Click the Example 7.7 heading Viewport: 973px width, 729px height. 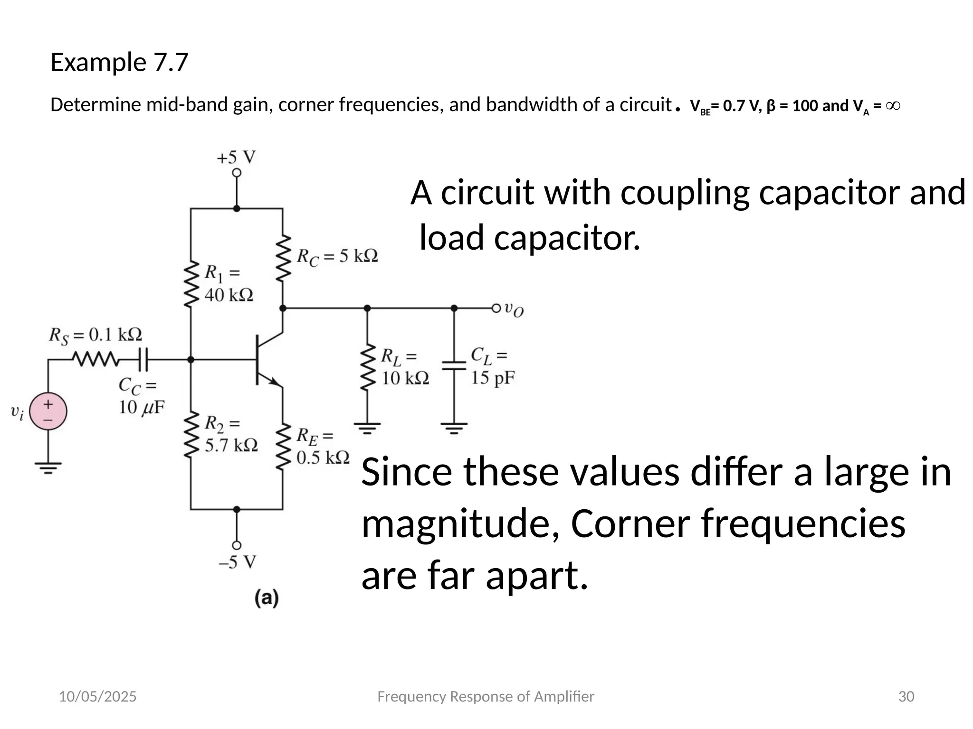(x=119, y=62)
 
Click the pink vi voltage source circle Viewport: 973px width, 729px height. (x=48, y=411)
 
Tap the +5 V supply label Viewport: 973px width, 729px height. (x=236, y=158)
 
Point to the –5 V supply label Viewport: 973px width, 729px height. (x=237, y=562)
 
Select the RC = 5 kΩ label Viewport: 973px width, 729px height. (x=337, y=257)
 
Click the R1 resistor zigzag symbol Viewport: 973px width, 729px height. (x=191, y=284)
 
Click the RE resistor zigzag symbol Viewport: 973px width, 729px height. (x=283, y=446)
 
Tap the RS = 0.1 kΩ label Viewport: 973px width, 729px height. (x=95, y=335)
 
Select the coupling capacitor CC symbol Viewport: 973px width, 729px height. (x=143, y=360)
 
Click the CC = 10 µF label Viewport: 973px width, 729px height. (x=141, y=397)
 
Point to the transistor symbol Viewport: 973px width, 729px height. (x=266, y=360)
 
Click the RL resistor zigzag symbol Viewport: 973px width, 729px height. (x=367, y=368)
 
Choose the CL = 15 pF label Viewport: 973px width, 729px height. (x=493, y=366)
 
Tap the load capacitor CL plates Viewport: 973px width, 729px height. (x=454, y=365)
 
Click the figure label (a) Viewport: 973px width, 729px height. (x=267, y=598)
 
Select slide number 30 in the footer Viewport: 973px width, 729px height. (x=906, y=696)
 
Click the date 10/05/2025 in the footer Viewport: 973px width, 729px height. (x=97, y=696)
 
